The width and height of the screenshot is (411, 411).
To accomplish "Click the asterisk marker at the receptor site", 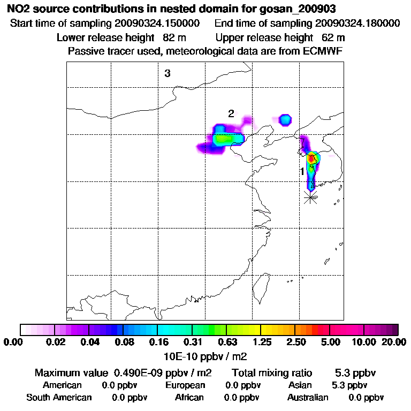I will coord(310,197).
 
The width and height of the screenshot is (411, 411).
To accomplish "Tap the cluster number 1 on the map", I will coord(302,171).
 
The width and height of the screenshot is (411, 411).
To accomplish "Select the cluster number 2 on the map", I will coord(231,113).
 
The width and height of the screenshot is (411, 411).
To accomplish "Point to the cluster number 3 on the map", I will coord(168,74).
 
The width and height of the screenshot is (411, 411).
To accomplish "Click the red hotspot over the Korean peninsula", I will coord(311,158).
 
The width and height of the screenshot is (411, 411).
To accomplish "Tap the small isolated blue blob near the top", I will coord(285,119).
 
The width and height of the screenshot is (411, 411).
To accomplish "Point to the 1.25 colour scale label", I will coord(261,342).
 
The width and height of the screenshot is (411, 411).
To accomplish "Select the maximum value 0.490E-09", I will coord(138,372).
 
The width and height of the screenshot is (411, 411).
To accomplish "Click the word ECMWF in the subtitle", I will coord(324,51).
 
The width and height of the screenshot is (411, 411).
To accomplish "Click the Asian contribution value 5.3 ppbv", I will coord(349,385).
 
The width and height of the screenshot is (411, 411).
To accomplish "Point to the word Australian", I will coord(308,398).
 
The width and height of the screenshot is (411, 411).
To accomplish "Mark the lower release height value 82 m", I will coord(173,37).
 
